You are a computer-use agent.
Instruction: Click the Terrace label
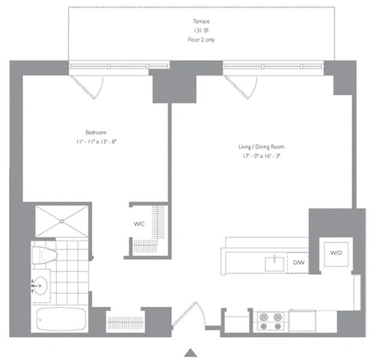[201, 22]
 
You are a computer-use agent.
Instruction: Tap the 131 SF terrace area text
[201, 31]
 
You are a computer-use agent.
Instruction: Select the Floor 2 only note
[201, 40]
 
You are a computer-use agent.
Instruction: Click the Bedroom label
[96, 132]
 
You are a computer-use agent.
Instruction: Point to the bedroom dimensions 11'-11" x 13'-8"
[96, 142]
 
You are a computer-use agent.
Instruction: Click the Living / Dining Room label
[261, 146]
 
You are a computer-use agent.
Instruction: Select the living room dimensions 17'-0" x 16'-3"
[261, 156]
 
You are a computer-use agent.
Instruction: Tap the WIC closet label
[139, 224]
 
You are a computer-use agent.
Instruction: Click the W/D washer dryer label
[336, 253]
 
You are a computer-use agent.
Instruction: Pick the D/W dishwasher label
[299, 263]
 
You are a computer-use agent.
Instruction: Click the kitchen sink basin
[274, 264]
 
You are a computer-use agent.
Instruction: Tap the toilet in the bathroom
[44, 256]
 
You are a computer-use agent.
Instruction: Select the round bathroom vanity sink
[40, 286]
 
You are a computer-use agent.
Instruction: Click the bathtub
[61, 319]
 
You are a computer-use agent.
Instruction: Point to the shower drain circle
[62, 221]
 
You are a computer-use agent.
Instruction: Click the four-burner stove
[271, 322]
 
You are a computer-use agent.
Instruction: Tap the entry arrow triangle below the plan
[190, 353]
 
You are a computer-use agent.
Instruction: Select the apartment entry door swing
[189, 314]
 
